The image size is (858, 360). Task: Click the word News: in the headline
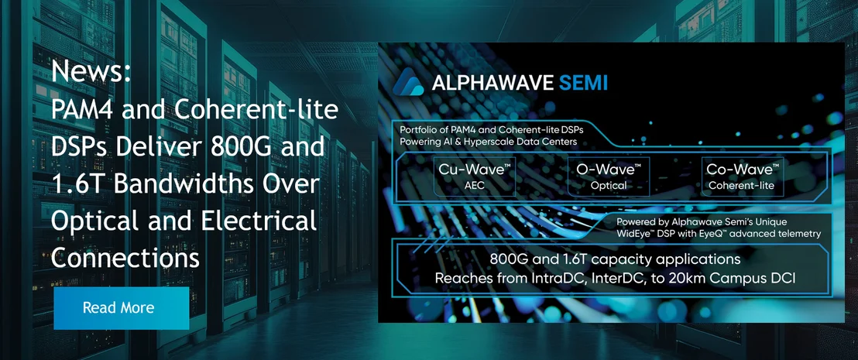91,72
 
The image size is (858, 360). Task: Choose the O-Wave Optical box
609,177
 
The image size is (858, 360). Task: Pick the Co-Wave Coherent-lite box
742,177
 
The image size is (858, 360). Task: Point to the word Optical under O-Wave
609,186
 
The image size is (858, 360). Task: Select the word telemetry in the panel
798,234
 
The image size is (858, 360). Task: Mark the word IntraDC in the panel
560,279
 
